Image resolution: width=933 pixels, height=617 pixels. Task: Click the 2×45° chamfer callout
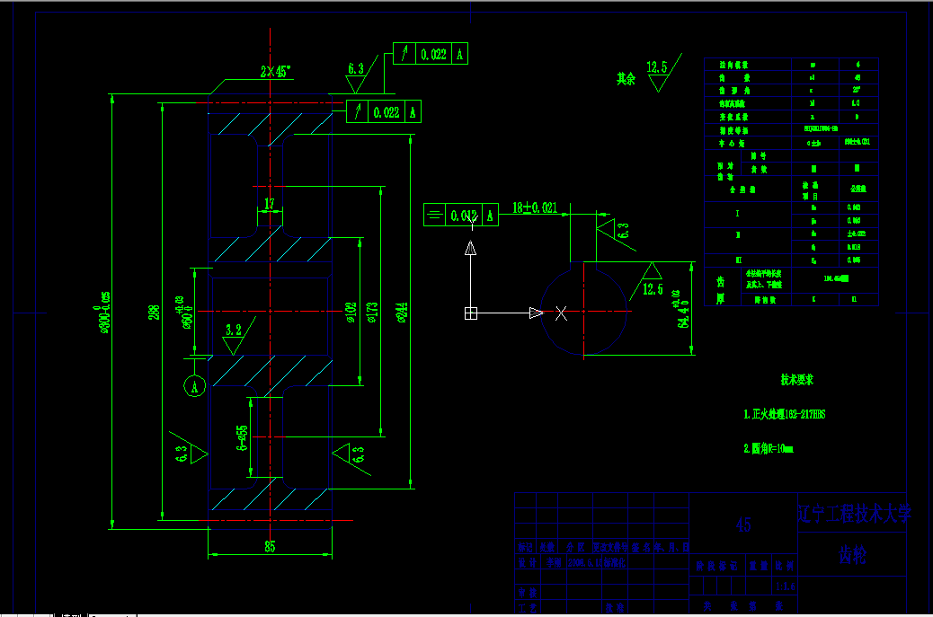[x=275, y=72]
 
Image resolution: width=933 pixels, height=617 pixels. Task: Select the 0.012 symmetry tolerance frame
[x=461, y=216]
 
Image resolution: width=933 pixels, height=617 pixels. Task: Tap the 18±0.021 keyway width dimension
[x=535, y=207]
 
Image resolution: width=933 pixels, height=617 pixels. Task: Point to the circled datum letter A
[x=193, y=386]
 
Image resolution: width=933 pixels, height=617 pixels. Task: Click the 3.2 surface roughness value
[x=235, y=330]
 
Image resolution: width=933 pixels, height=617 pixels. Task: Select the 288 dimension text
[x=155, y=312]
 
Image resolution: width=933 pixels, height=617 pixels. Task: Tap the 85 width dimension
[x=269, y=546]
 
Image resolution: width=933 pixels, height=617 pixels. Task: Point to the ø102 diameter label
[x=351, y=312]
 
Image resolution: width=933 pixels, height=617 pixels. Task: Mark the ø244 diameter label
[x=404, y=312]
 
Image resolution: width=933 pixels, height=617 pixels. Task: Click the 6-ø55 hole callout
[x=242, y=437]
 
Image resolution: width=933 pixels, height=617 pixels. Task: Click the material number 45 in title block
[x=743, y=524]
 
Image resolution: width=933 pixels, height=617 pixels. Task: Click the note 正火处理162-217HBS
[x=784, y=415]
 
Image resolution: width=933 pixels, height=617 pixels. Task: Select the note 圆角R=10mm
[x=769, y=447]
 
